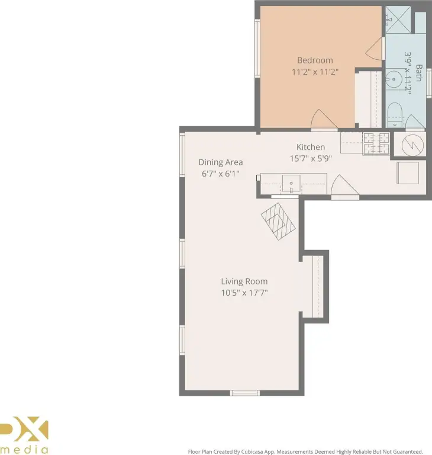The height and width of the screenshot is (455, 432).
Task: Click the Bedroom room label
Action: [315, 60]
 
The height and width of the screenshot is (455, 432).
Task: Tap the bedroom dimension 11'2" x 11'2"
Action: [315, 71]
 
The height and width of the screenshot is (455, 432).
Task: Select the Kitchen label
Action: [311, 147]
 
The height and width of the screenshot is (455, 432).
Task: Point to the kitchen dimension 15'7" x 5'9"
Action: [311, 158]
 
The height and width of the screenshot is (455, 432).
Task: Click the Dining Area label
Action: [220, 162]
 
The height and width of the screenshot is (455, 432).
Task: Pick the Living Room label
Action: [244, 281]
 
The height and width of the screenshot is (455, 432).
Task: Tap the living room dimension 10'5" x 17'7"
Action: [244, 293]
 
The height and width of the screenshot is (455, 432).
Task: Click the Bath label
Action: [418, 73]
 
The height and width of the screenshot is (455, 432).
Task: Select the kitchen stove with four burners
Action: [376, 143]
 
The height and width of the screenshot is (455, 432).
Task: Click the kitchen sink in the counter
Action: [291, 184]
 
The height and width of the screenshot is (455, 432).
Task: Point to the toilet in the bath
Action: [395, 114]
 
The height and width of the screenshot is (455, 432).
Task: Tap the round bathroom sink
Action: [394, 79]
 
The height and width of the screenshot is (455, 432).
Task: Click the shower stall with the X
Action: [398, 20]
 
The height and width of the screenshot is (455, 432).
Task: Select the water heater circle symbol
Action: [412, 145]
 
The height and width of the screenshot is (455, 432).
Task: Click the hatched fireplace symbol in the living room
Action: [278, 222]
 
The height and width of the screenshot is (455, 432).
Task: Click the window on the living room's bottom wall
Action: [245, 393]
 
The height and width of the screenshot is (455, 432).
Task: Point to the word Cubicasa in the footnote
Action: [253, 451]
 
